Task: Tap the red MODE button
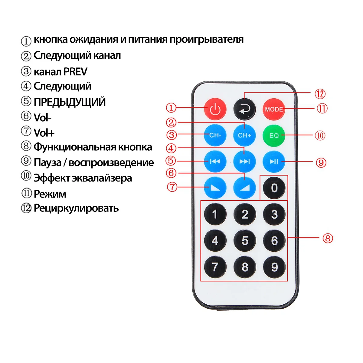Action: tap(274, 109)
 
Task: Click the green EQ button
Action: tap(274, 135)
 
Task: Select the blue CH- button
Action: tap(215, 135)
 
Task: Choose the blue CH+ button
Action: tap(244, 135)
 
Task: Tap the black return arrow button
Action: tap(244, 109)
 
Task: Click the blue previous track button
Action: tap(215, 162)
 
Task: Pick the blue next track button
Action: tap(244, 162)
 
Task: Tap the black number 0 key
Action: tap(274, 188)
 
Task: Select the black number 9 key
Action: tap(274, 267)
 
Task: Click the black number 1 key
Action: tap(215, 214)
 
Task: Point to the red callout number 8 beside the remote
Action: tap(328, 238)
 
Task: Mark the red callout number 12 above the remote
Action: tap(320, 94)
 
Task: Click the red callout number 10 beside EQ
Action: tap(320, 135)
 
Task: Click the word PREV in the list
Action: tap(75, 72)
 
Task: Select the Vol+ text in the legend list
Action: tap(44, 133)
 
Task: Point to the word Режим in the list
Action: tap(50, 194)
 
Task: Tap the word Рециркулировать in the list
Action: tap(76, 208)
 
